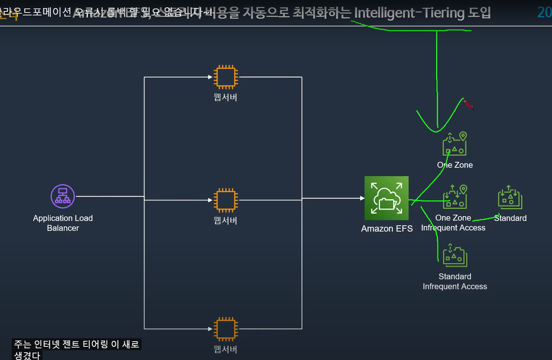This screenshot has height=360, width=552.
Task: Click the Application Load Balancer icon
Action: pos(63,196)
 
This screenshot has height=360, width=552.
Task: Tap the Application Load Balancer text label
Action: pos(63,223)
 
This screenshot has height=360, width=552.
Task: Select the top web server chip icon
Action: pos(226,77)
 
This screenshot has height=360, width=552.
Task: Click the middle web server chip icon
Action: pos(226,200)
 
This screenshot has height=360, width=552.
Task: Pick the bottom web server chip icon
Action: pos(226,329)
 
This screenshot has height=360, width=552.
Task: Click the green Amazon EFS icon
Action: pos(386,198)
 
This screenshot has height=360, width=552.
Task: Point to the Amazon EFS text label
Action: pos(387,229)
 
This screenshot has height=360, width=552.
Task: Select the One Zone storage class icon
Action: pos(455,144)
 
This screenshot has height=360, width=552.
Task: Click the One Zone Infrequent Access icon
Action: pos(455,197)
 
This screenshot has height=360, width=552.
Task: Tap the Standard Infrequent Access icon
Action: pos(455,255)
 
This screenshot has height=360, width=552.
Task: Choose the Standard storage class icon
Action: pos(510,197)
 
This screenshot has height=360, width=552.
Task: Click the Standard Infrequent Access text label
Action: pos(455,281)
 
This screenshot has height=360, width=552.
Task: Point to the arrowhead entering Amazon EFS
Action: pos(362,198)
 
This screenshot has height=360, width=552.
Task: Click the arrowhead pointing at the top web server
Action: pos(210,77)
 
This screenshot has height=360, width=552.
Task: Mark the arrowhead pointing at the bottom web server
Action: pos(210,329)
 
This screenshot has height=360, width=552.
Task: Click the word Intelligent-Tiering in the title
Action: pos(409,13)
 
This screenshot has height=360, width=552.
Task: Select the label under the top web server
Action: pos(226,97)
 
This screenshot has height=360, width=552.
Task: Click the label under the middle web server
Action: pos(226,221)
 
